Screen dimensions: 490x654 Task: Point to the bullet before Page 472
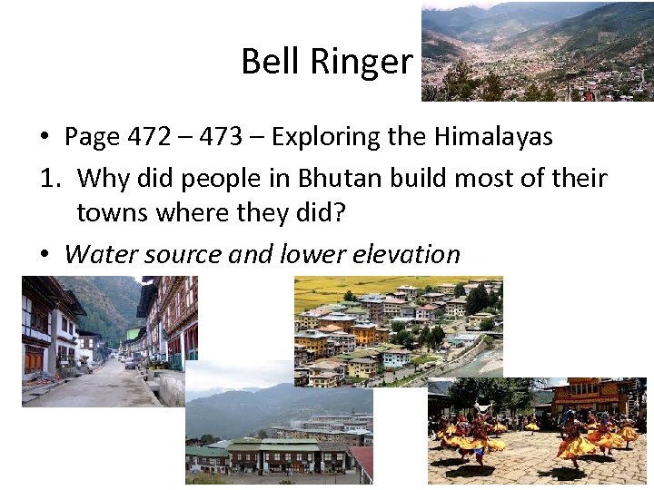coord(44,138)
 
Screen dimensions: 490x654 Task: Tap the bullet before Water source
coord(44,255)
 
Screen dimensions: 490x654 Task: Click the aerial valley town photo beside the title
coord(537,51)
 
